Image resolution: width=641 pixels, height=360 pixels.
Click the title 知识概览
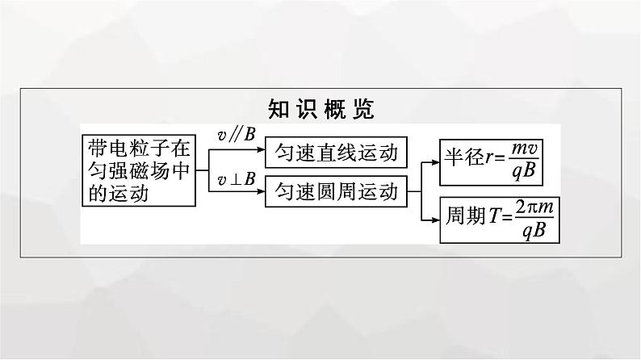pos(321,109)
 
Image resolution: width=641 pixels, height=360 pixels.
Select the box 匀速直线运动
pos(336,153)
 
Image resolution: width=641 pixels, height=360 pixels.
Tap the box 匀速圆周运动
pos(336,191)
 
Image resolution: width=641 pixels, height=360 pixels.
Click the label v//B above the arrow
pos(237,135)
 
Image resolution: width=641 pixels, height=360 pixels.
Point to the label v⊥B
pos(237,179)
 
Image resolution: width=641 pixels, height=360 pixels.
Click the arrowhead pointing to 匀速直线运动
pos(261,149)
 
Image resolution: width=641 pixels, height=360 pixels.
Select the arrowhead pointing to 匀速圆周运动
pos(261,191)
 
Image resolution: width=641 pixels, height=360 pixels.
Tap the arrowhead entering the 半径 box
pos(435,162)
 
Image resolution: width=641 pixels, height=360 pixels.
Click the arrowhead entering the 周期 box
pos(435,220)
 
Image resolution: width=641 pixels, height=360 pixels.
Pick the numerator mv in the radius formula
pos(525,149)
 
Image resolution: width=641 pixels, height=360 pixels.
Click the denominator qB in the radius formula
pos(524,171)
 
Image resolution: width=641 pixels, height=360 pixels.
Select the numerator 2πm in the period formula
pos(534,207)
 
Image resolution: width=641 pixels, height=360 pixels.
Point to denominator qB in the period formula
pos(534,231)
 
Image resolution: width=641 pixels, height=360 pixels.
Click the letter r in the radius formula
pos(489,157)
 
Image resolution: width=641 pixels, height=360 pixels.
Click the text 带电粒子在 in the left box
pos(139,148)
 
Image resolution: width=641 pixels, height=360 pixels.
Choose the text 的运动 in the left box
pos(118,193)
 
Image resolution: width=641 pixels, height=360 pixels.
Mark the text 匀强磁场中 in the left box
pos(139,171)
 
